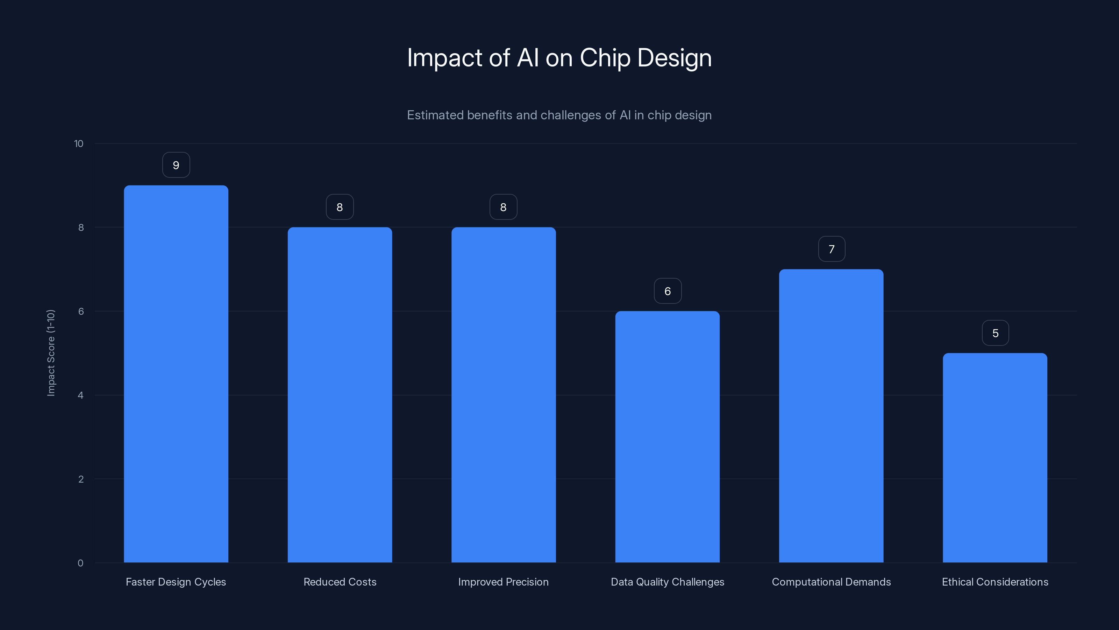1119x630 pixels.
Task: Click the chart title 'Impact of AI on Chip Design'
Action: [559, 58]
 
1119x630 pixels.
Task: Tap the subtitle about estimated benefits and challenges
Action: [559, 115]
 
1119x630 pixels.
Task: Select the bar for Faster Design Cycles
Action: [176, 374]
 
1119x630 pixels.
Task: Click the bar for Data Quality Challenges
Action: [667, 436]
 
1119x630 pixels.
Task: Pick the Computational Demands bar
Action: [831, 416]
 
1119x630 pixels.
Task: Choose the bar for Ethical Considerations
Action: [995, 457]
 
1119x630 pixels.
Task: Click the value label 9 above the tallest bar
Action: [176, 165]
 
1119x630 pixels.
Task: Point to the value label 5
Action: [995, 333]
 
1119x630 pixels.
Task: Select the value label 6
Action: [668, 291]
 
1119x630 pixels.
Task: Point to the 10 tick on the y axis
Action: [79, 144]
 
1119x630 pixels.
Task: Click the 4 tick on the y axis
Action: [80, 395]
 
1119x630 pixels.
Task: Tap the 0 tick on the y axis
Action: [80, 563]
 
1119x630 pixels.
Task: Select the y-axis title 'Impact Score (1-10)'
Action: [51, 352]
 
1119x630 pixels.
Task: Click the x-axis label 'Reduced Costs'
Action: [340, 582]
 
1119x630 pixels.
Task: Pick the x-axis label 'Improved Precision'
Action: [504, 582]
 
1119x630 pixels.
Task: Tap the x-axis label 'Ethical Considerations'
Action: [995, 582]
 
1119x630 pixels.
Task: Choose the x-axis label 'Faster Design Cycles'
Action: [176, 582]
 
